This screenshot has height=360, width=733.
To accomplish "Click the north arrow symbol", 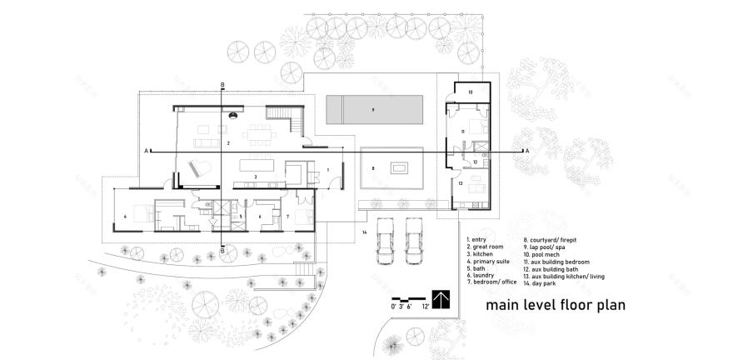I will tap(439, 298).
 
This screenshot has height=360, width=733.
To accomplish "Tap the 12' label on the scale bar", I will tap(426, 307).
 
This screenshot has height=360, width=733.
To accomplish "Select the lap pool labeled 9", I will tap(374, 110).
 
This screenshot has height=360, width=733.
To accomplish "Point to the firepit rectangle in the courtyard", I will tap(399, 169).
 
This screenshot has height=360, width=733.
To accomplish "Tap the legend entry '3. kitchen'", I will tap(486, 253).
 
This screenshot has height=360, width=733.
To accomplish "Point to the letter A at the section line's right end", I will tap(526, 151).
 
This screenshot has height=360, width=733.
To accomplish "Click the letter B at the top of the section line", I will tap(222, 85).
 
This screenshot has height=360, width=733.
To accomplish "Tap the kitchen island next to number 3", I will tap(257, 165).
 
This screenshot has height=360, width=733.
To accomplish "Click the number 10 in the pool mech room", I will tap(469, 92).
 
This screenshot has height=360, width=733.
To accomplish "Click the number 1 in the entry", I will tap(328, 169).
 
